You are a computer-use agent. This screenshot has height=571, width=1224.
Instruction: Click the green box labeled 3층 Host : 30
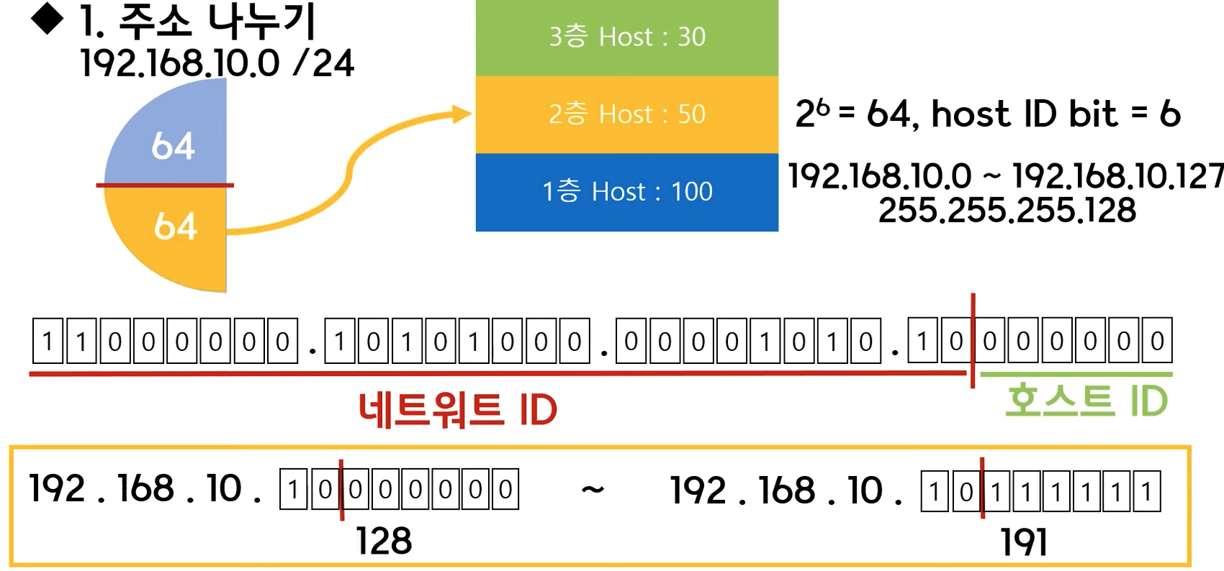pyautogui.click(x=626, y=37)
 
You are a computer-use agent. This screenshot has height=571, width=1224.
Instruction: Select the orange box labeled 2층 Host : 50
pyautogui.click(x=626, y=114)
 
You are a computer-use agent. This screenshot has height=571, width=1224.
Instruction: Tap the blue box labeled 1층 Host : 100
pyautogui.click(x=626, y=191)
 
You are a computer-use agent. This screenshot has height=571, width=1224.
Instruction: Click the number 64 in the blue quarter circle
pyautogui.click(x=173, y=146)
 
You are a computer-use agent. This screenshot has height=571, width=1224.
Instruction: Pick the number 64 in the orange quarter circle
pyautogui.click(x=175, y=226)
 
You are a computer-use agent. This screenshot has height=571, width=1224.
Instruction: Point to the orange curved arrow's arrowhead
pyautogui.click(x=462, y=114)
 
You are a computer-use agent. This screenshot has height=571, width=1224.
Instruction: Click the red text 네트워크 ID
pyautogui.click(x=458, y=410)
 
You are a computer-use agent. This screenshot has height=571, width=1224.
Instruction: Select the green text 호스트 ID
pyautogui.click(x=1086, y=401)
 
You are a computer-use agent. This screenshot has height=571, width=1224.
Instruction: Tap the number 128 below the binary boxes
pyautogui.click(x=384, y=541)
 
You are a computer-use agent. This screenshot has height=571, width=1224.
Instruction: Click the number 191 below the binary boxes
pyautogui.click(x=1024, y=542)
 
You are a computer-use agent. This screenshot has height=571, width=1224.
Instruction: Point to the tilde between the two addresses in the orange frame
pyautogui.click(x=593, y=490)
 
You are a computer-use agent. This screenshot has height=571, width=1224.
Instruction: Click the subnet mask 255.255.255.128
pyautogui.click(x=1007, y=211)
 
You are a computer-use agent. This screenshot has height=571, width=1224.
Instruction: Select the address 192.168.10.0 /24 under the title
pyautogui.click(x=217, y=63)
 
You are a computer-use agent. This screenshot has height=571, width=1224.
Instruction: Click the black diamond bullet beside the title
pyautogui.click(x=48, y=19)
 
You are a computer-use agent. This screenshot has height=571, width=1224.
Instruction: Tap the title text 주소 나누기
pyautogui.click(x=217, y=22)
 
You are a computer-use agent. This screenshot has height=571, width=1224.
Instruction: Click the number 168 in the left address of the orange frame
pyautogui.click(x=145, y=488)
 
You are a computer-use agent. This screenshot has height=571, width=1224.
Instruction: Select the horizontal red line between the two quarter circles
pyautogui.click(x=165, y=186)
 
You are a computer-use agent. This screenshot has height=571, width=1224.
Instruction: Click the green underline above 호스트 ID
pyautogui.click(x=1076, y=375)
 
